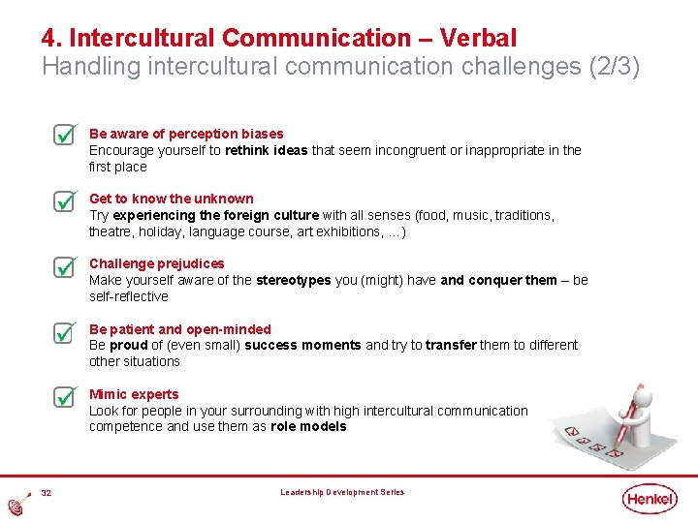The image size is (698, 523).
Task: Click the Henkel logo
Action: click(650, 498)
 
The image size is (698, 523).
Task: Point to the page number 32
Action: click(46, 493)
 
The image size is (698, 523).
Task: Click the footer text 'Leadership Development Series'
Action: click(342, 493)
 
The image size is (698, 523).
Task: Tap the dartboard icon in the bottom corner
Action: click(16, 507)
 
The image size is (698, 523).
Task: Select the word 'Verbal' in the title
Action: click(478, 38)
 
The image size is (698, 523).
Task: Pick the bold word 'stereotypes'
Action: click(293, 280)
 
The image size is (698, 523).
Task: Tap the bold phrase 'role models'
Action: click(308, 426)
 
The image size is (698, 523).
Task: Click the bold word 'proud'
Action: click(128, 345)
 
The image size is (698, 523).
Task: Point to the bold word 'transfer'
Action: click(451, 345)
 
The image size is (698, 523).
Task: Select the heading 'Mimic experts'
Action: click(134, 394)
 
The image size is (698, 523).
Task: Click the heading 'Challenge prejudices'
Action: click(156, 263)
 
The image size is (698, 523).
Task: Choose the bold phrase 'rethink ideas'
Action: click(266, 150)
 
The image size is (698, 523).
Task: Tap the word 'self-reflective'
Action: click(129, 296)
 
